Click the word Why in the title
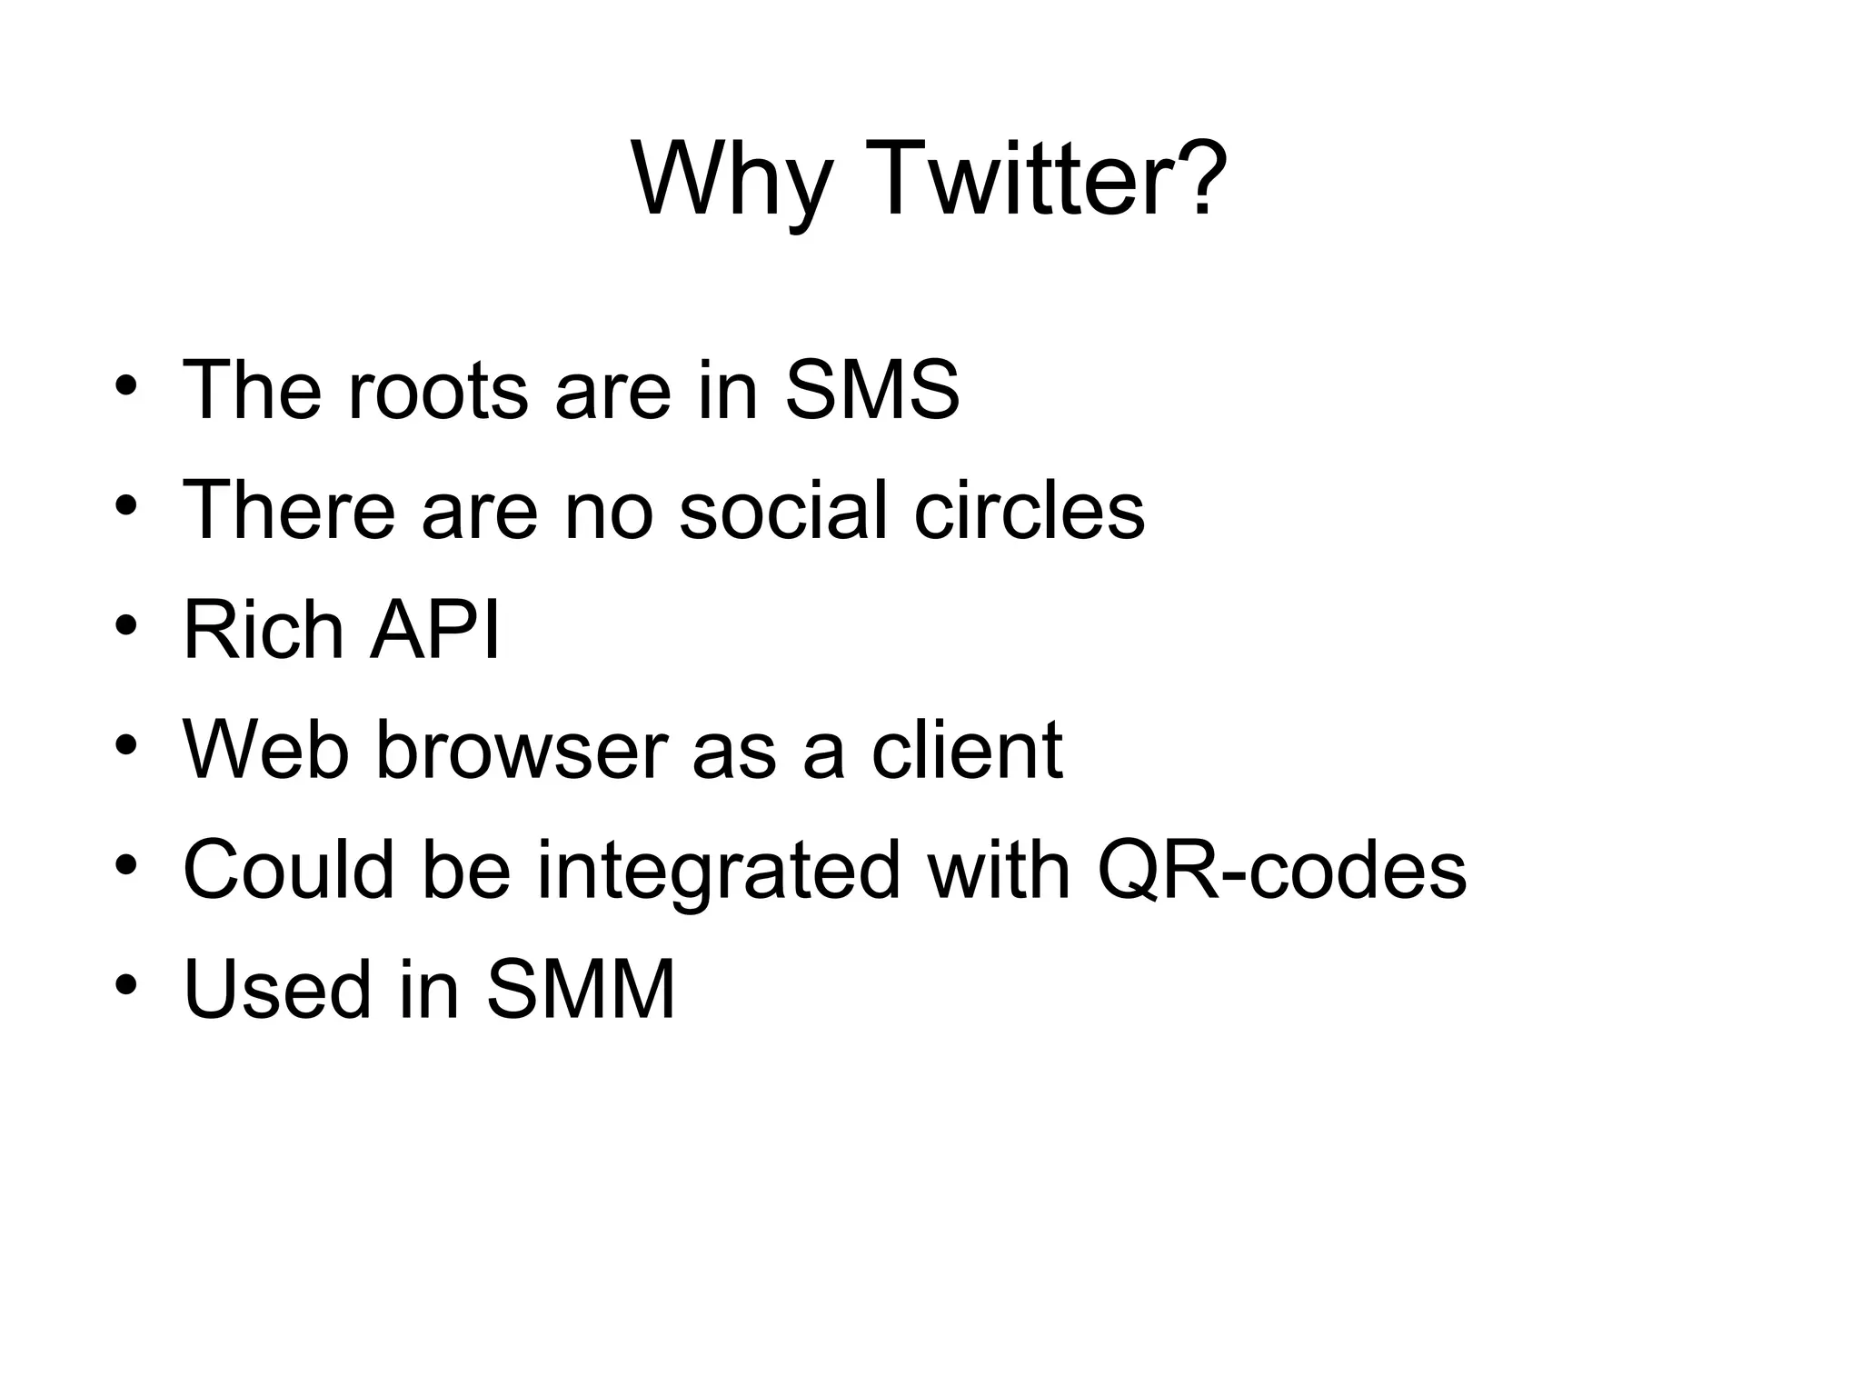point(731,182)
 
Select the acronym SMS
point(871,390)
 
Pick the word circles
point(1029,510)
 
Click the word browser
point(522,750)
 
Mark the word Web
point(266,750)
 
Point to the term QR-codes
point(1281,870)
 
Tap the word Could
point(289,870)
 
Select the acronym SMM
point(582,990)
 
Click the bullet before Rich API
point(126,626)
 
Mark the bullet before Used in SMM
point(126,985)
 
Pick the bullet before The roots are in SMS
point(126,386)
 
